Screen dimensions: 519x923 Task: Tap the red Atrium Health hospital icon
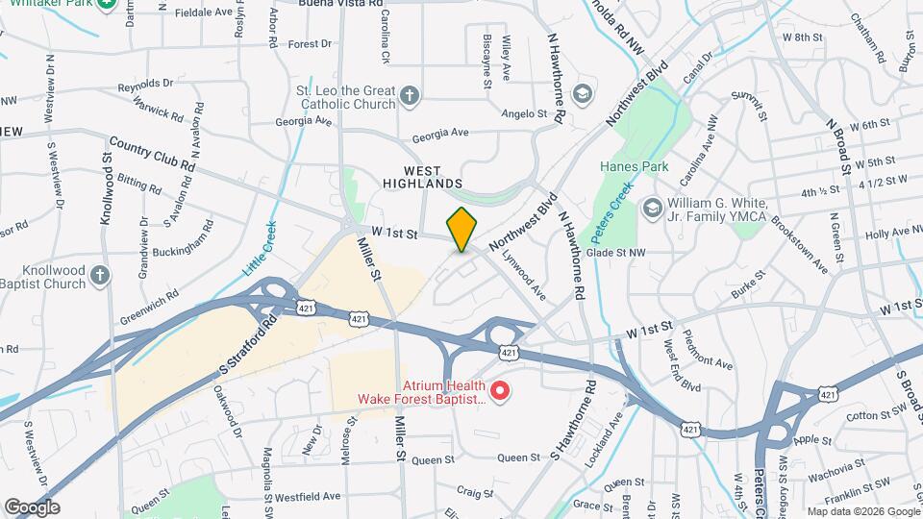499,390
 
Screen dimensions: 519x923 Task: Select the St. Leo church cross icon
410,95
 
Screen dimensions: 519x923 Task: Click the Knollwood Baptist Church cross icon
100,278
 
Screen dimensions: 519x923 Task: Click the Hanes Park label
634,166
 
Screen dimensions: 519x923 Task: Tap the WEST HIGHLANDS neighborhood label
422,176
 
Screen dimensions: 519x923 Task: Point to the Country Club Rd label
151,154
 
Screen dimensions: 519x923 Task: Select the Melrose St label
350,436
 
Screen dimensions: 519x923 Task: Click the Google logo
32,507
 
